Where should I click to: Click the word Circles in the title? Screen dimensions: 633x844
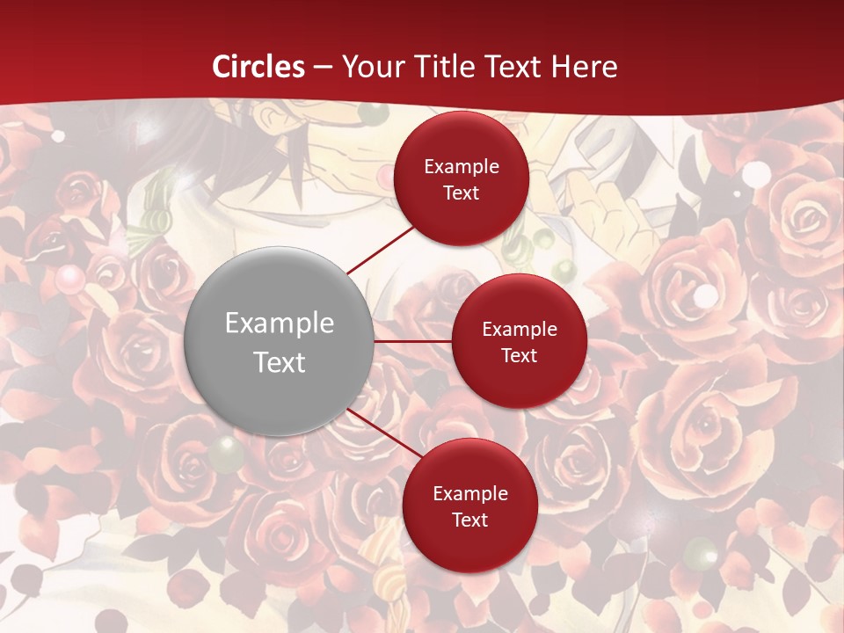click(x=258, y=67)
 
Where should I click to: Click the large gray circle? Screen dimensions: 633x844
click(x=279, y=341)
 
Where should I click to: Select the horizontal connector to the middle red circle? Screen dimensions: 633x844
click(x=412, y=341)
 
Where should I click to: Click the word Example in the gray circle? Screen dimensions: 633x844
click(x=279, y=323)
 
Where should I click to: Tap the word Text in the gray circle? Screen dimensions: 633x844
click(x=279, y=361)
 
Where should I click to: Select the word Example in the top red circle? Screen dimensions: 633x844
click(x=462, y=166)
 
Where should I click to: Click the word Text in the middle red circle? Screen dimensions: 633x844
click(x=520, y=355)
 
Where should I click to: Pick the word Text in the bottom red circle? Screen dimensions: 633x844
click(x=469, y=520)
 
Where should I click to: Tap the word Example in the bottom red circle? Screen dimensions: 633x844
click(x=469, y=493)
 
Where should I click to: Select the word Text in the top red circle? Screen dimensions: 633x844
click(x=462, y=193)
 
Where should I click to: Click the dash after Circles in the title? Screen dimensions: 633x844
click(x=323, y=67)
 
